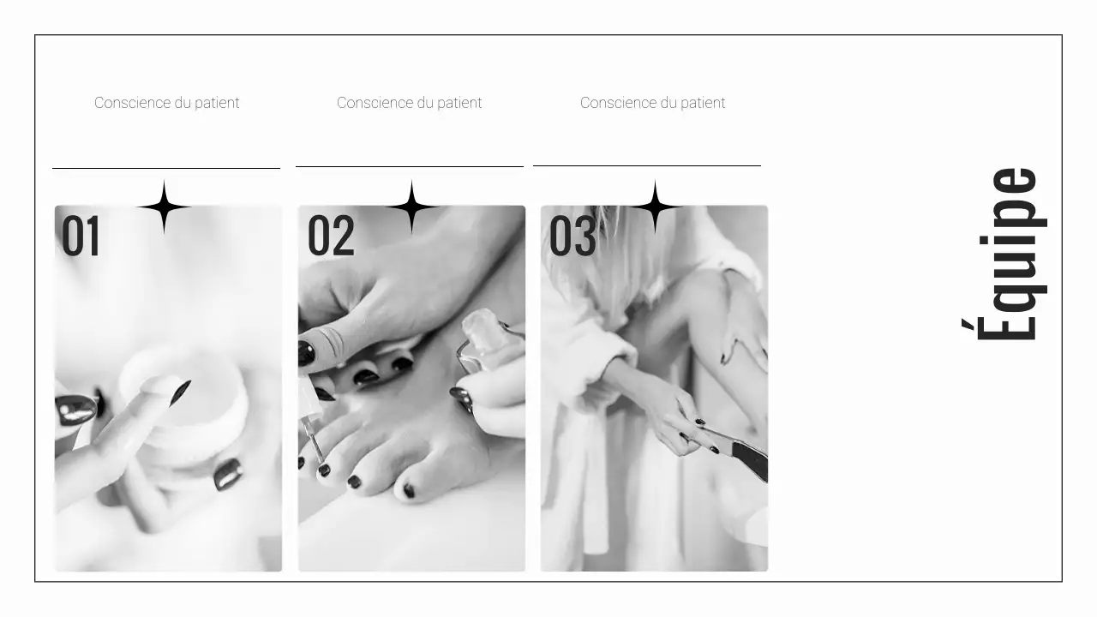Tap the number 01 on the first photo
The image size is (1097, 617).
[x=81, y=237]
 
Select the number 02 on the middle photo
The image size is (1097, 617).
[x=331, y=237]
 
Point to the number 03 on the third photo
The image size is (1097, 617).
[x=572, y=237]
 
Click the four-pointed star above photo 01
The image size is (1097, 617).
[x=164, y=207]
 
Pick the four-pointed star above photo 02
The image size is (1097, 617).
[x=411, y=207]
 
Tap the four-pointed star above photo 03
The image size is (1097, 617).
[x=656, y=207]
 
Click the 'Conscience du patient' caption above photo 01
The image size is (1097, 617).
[x=167, y=103]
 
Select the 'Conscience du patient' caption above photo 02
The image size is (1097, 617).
[x=410, y=103]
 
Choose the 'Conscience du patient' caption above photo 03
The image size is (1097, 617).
[x=653, y=103]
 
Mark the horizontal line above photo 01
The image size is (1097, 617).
[x=166, y=168]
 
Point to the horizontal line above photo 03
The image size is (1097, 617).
[x=647, y=165]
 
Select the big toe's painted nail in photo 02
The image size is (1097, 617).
[x=410, y=490]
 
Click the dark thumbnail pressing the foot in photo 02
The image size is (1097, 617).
[x=306, y=352]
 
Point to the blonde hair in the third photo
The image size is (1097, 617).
[x=600, y=257]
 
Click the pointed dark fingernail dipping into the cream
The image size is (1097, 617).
[x=181, y=392]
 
